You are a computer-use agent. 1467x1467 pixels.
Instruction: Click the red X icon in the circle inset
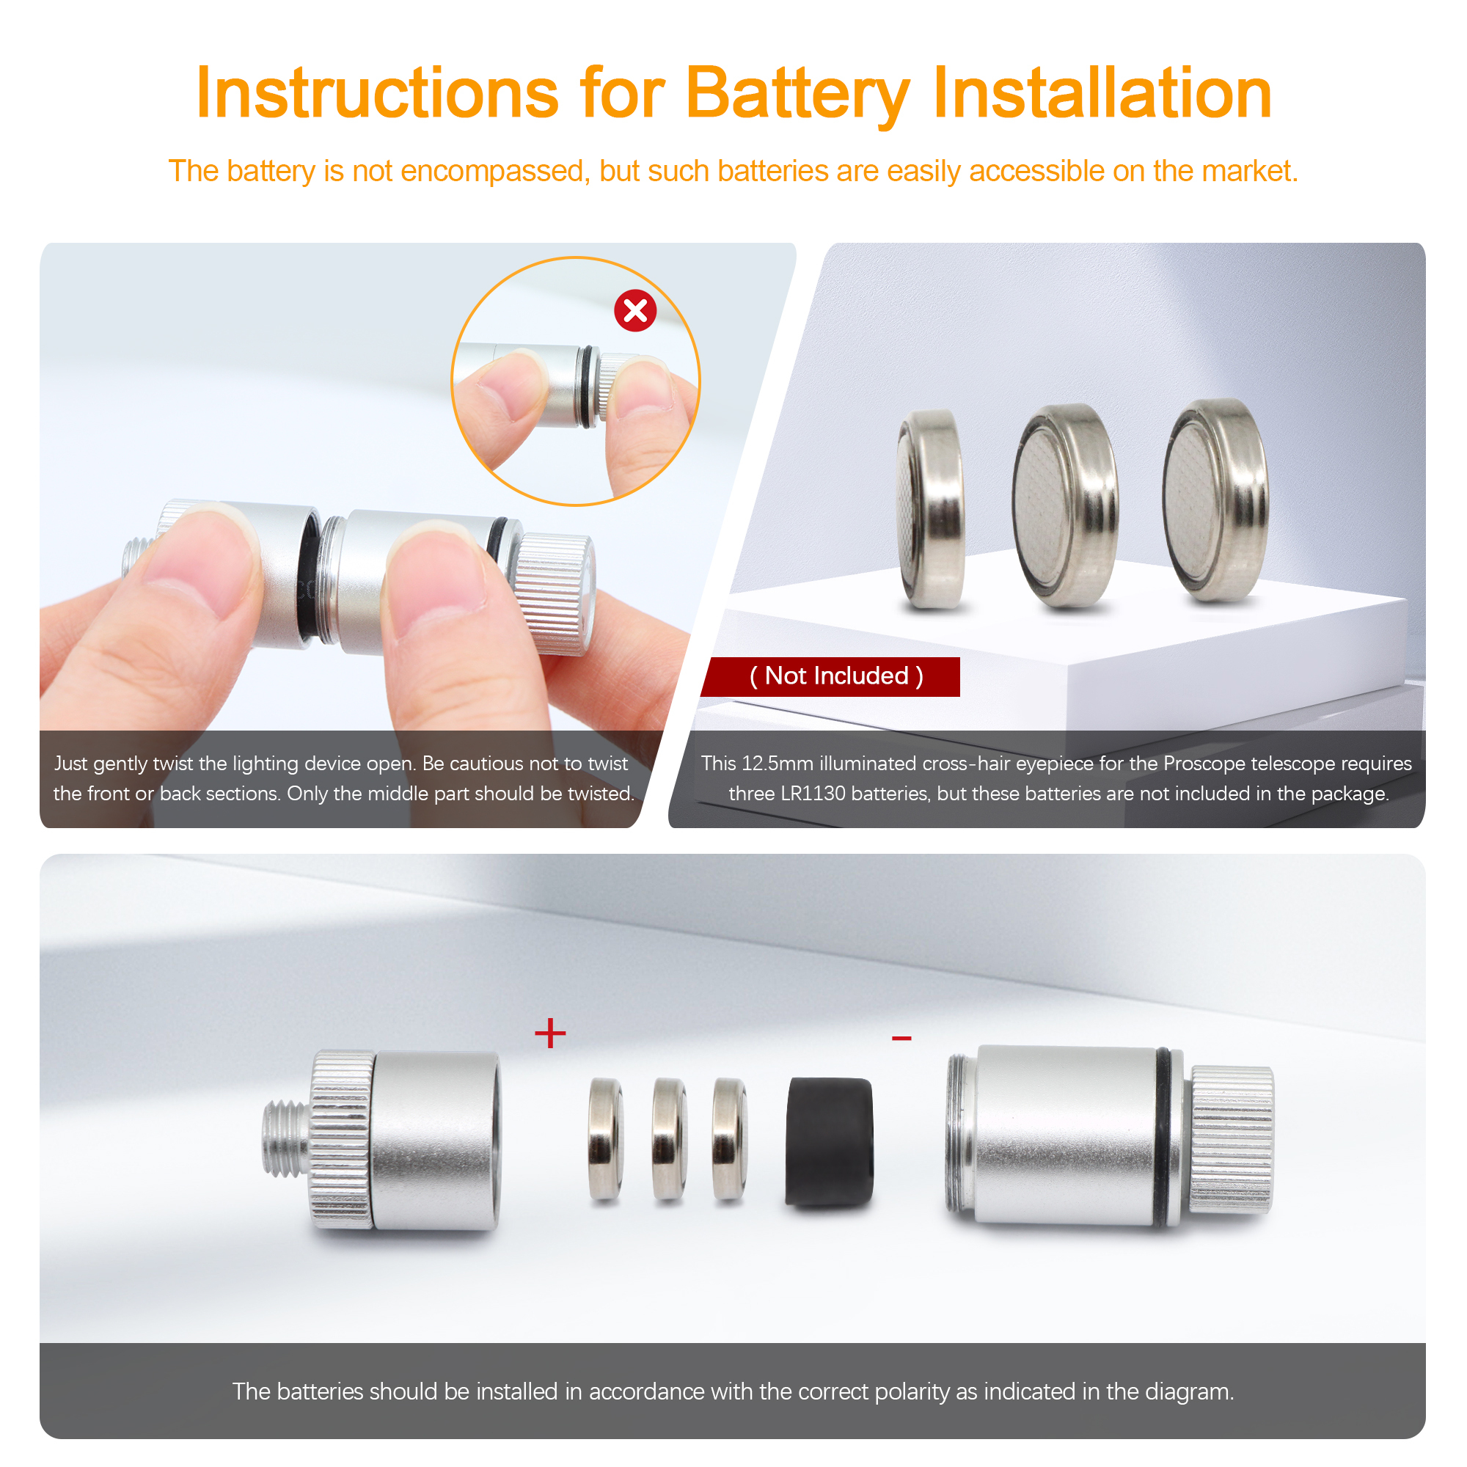[x=634, y=310]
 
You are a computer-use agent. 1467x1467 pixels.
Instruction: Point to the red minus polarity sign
[x=901, y=1038]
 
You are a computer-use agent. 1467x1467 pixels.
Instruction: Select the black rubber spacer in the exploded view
[x=829, y=1141]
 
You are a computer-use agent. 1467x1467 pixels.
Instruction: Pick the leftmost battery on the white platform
[x=931, y=509]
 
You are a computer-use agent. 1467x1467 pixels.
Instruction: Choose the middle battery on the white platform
[x=1065, y=505]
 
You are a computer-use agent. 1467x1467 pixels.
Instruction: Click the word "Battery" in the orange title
[x=797, y=93]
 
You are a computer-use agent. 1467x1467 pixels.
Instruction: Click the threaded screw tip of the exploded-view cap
[x=286, y=1141]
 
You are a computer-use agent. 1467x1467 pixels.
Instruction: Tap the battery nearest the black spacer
[x=730, y=1139]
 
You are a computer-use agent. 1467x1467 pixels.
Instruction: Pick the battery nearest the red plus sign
[x=606, y=1139]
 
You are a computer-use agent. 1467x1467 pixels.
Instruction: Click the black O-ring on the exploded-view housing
[x=1163, y=1137]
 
